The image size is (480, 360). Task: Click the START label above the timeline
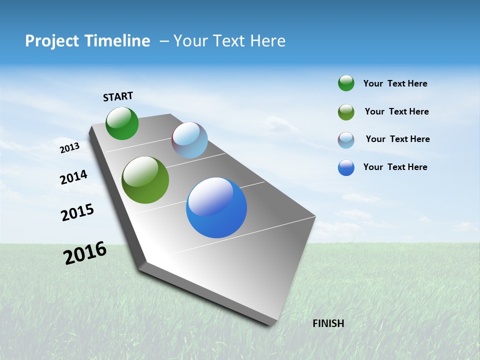[x=118, y=96]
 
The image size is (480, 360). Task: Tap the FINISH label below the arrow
[x=328, y=323]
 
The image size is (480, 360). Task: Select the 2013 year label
[x=69, y=148]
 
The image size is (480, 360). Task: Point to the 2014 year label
[x=73, y=177]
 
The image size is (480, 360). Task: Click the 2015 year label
[x=77, y=212]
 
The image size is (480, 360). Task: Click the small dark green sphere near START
[x=122, y=123]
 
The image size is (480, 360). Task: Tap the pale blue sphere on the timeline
[x=189, y=140]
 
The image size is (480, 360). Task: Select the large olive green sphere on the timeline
[x=145, y=180]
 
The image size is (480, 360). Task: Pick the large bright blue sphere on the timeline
[x=216, y=207]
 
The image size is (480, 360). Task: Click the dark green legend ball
[x=346, y=83]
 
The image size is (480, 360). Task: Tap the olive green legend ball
[x=346, y=112]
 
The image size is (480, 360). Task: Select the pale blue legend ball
[x=346, y=140]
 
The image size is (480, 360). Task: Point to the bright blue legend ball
[x=346, y=167]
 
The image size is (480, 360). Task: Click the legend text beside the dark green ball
[x=395, y=84]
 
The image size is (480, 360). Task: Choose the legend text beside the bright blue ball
[x=395, y=167]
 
